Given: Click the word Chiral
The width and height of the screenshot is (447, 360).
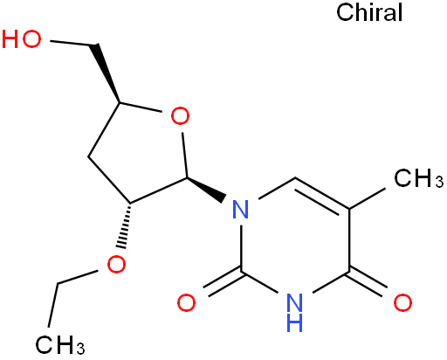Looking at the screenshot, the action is pos(369,12).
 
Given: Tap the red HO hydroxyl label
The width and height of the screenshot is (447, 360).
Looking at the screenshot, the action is pos(21,38).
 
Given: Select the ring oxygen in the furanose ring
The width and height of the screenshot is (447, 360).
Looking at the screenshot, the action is pos(180,116).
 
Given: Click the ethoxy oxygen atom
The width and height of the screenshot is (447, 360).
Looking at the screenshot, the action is pos(116,264).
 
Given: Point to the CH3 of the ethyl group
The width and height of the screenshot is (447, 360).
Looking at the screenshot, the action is pos(60,344).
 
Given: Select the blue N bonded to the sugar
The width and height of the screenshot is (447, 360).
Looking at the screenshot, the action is pos(241,209).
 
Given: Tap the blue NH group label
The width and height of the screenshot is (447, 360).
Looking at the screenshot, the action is pos(294,312).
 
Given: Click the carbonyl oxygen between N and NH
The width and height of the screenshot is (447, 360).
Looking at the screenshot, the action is pos(186,302).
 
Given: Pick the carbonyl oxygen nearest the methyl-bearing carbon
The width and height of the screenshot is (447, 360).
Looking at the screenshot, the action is pos(402,302).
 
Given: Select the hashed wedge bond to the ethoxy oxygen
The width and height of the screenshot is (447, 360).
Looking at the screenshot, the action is pos(126,225).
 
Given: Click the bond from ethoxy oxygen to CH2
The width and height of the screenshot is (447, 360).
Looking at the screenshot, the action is pos(77,277).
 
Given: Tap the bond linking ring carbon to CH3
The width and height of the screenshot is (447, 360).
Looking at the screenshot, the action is pos(368,198).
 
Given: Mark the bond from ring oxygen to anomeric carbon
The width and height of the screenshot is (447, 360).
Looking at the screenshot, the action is pos(185,155).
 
